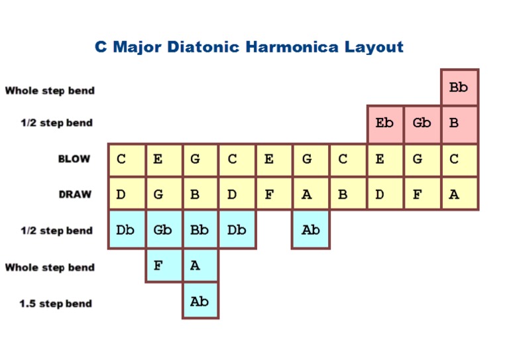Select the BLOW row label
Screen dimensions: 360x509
[74, 159]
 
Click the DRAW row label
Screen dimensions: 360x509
[74, 195]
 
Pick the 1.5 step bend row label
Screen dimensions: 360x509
[55, 304]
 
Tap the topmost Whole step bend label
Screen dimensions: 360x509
[50, 90]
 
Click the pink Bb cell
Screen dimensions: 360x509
[459, 87]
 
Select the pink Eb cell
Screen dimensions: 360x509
[385, 123]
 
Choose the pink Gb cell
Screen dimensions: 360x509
[422, 123]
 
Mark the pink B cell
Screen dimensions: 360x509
[459, 123]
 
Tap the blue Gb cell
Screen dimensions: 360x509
[164, 231]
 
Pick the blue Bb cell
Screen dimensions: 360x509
[200, 231]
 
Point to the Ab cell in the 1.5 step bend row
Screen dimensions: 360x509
[200, 302]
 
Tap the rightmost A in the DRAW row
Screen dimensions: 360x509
[459, 195]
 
